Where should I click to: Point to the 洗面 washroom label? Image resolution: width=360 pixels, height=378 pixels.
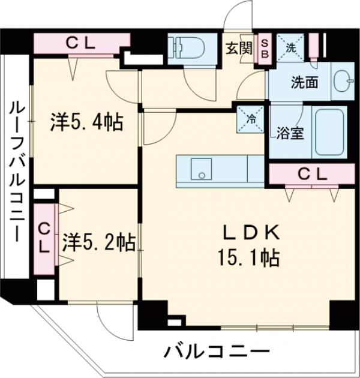289,82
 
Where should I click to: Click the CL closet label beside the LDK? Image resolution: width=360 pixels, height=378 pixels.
312,175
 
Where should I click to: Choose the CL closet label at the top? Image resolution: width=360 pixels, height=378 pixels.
81,43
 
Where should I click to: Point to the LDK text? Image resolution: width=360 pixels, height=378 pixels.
250,233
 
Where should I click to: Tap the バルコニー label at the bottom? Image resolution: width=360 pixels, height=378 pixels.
217,351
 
